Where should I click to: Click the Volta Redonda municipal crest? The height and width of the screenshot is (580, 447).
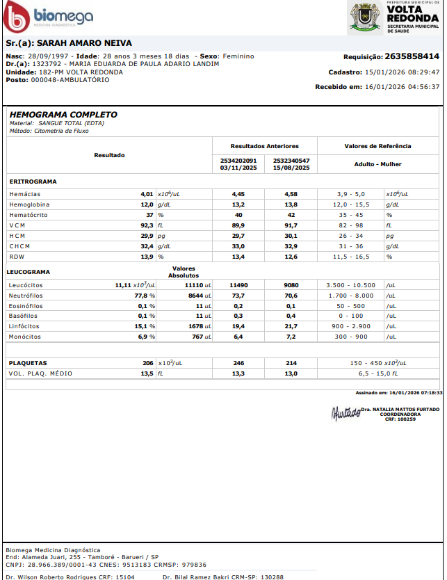click(x=362, y=17)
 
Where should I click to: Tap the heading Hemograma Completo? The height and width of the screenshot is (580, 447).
click(x=63, y=115)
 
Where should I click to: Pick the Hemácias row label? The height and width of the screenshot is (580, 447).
click(x=25, y=194)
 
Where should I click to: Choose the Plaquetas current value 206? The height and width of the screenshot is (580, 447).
click(x=147, y=363)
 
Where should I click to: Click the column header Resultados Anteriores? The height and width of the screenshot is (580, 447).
click(x=264, y=147)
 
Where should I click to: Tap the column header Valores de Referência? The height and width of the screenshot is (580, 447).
click(x=377, y=147)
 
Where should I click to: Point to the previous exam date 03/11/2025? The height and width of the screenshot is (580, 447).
click(x=238, y=168)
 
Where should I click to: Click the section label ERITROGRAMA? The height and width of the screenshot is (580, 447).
click(x=33, y=182)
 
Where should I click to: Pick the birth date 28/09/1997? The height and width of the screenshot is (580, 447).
click(x=49, y=56)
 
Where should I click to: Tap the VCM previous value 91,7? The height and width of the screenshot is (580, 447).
click(x=291, y=226)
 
